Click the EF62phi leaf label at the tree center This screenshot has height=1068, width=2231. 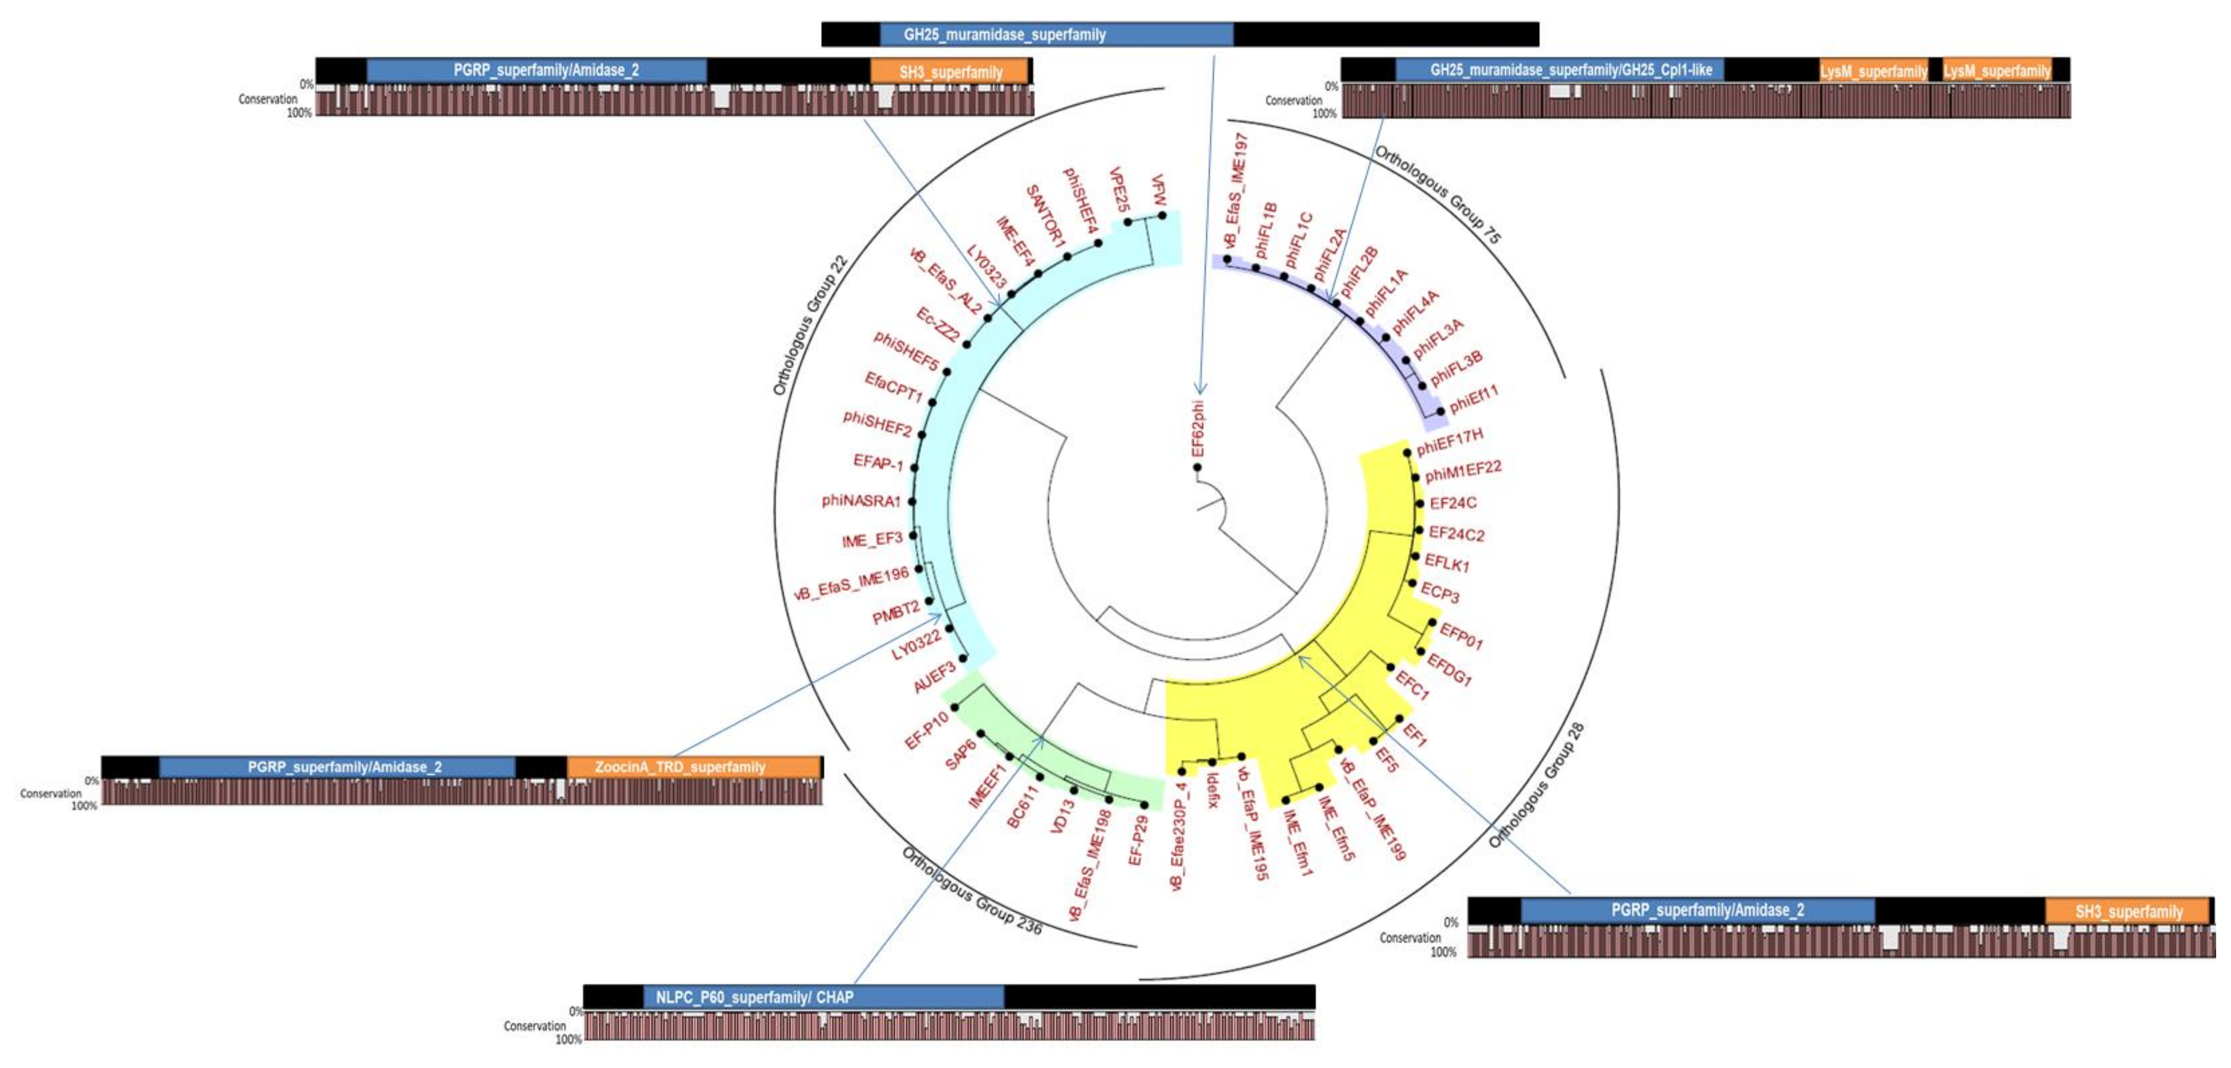(1198, 428)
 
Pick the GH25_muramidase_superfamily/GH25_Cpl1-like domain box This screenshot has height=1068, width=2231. (1559, 70)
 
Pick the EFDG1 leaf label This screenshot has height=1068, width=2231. (1449, 670)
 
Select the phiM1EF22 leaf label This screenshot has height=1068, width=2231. (1463, 471)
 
